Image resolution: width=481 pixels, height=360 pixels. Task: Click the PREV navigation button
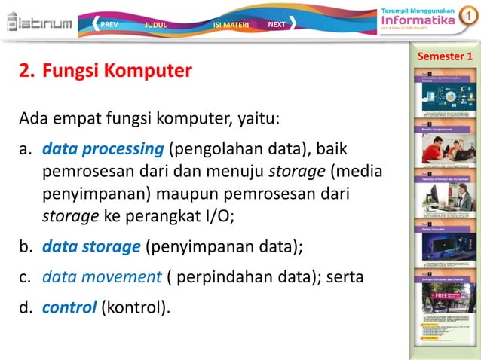pyautogui.click(x=108, y=24)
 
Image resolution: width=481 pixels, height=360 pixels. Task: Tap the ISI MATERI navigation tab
pyautogui.click(x=231, y=24)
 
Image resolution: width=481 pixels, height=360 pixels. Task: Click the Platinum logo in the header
pyautogui.click(x=39, y=23)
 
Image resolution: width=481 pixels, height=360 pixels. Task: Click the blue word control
pyautogui.click(x=69, y=307)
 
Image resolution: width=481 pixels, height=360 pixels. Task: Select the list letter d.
pyautogui.click(x=26, y=307)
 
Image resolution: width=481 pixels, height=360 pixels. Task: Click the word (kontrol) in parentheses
pyautogui.click(x=133, y=307)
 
